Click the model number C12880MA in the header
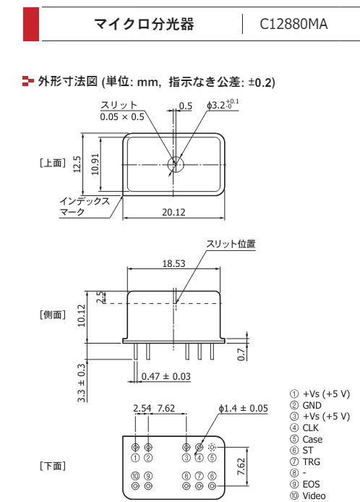(293, 25)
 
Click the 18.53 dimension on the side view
(173, 264)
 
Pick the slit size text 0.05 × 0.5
(122, 116)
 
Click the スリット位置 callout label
(231, 244)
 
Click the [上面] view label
(53, 163)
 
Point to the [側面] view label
(53, 315)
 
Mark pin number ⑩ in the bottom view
(135, 475)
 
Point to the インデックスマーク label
(85, 206)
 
